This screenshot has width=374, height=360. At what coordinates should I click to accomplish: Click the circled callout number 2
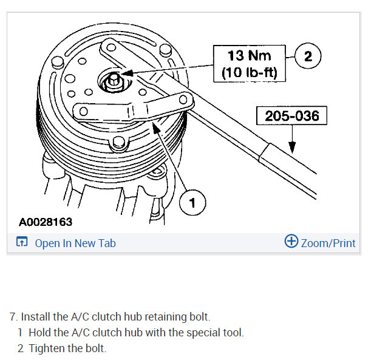coord(307,56)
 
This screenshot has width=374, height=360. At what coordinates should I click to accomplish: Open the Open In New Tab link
coord(75,243)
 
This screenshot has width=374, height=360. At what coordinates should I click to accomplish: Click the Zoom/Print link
coord(328,243)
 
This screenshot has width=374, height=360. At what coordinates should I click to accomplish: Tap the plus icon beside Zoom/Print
coord(291,242)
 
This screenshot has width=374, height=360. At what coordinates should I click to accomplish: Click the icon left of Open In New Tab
coord(22,243)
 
